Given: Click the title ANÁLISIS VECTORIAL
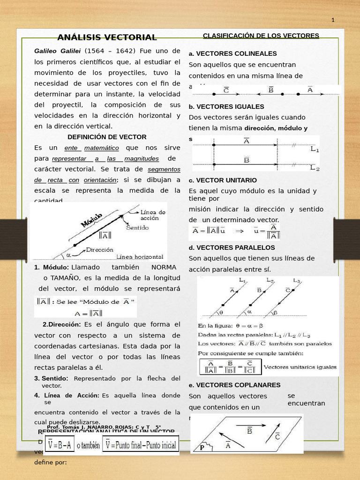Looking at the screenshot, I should (x=107, y=37).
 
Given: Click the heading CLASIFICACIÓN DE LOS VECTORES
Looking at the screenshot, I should (x=261, y=36).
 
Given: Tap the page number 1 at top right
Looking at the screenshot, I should (x=333, y=20).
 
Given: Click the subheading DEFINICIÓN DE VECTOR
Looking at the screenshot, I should (x=107, y=137).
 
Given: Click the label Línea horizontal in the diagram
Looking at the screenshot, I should (x=140, y=257).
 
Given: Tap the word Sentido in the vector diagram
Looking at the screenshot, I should (x=137, y=228).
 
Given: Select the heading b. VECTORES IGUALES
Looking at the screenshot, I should (x=226, y=106).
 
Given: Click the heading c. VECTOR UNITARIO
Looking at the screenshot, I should (x=223, y=180).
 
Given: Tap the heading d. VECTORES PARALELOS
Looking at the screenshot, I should (x=232, y=247).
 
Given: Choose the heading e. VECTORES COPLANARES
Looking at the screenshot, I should (x=234, y=385).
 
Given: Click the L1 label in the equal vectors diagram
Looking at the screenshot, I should (x=315, y=150).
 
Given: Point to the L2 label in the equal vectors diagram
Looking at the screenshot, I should (x=315, y=168).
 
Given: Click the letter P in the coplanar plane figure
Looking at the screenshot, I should (x=202, y=447).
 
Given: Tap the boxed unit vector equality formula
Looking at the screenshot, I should (x=229, y=367).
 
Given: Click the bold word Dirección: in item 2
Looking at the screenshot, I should (x=61, y=324).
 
